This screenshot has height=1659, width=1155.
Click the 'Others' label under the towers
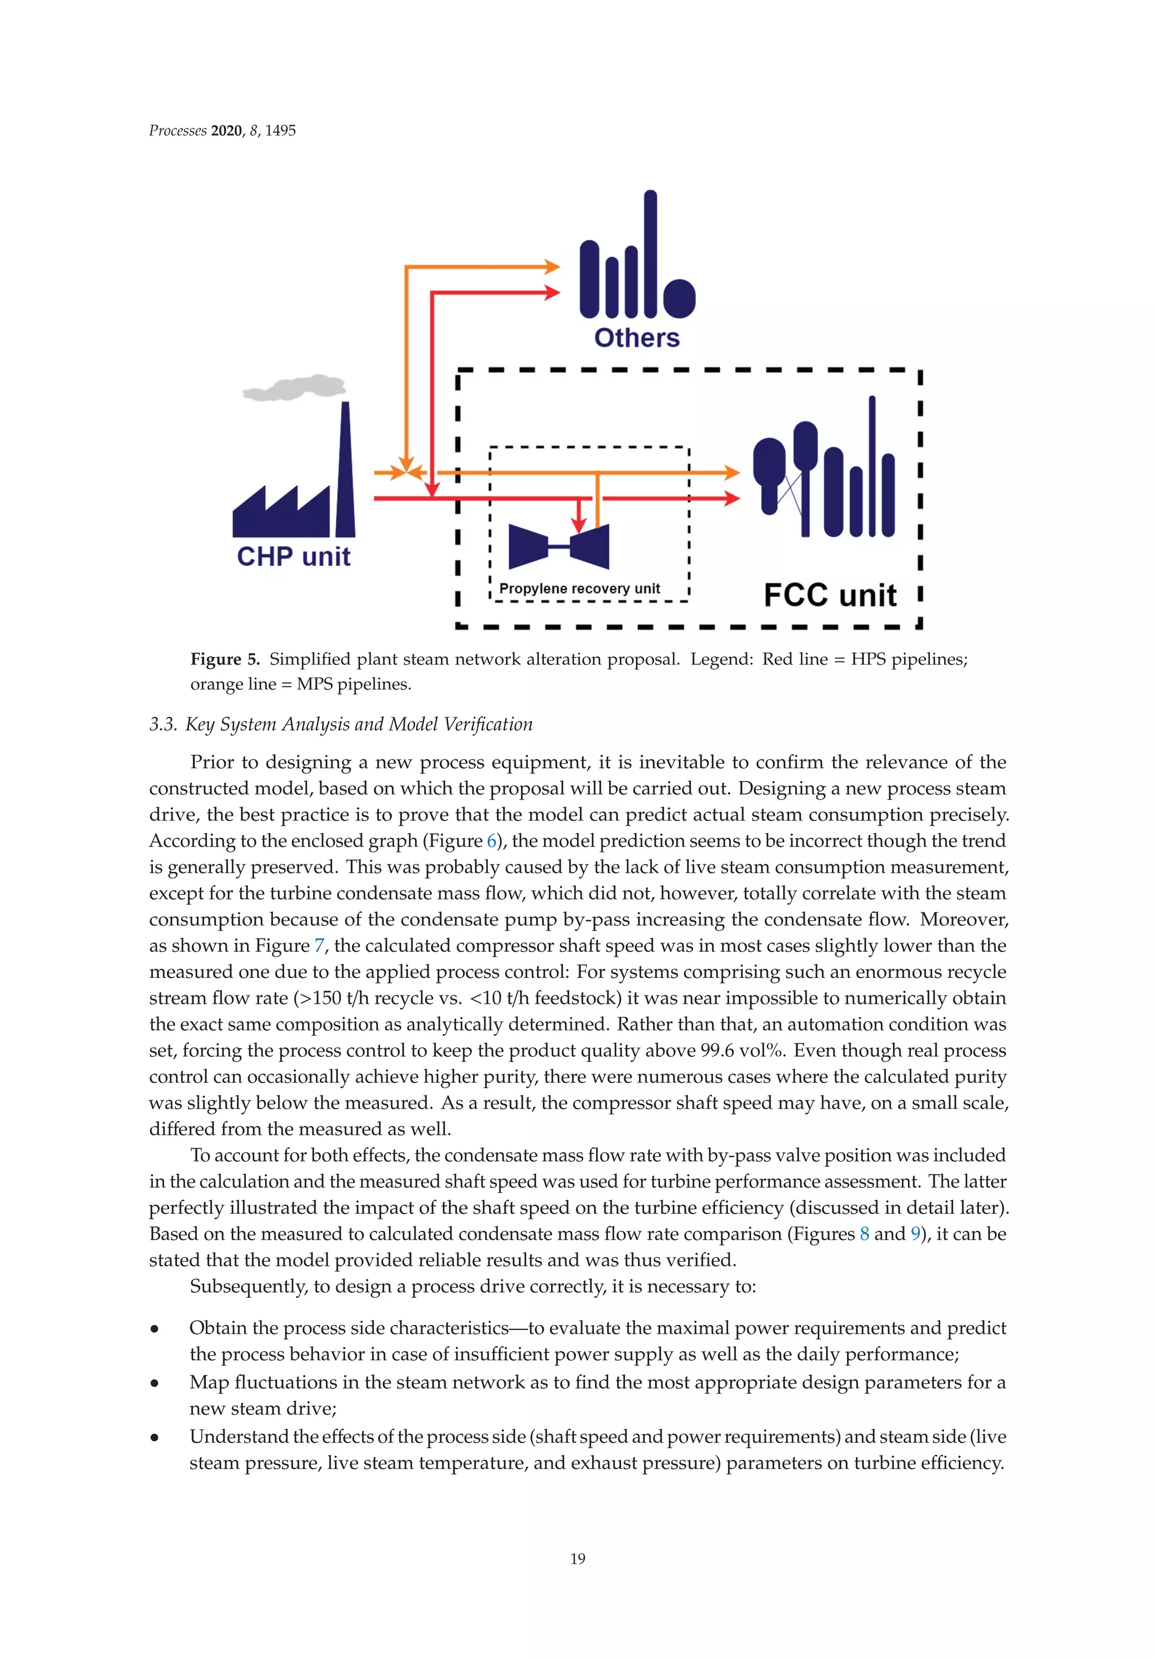(636, 337)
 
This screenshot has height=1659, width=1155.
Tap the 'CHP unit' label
(293, 556)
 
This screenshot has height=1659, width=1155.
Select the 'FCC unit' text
(830, 595)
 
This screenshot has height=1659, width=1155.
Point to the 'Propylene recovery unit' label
(579, 588)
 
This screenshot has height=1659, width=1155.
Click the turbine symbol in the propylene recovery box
(558, 546)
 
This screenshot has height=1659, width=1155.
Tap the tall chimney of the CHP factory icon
(345, 469)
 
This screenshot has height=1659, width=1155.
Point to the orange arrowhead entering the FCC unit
(731, 472)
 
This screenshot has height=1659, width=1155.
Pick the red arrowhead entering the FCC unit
(731, 498)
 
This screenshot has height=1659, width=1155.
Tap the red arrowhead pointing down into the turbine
(579, 525)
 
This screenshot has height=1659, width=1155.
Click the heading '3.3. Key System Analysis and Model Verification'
(341, 724)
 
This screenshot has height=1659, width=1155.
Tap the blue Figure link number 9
(915, 1234)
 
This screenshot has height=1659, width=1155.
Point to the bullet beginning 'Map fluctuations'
(155, 1383)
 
